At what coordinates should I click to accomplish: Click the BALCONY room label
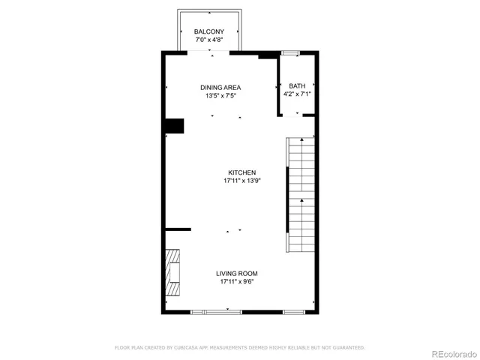(x=209, y=31)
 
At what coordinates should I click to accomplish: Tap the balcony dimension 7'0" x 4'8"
(x=209, y=39)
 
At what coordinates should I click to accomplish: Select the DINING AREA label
(x=220, y=87)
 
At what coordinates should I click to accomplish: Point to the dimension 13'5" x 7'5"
(x=220, y=95)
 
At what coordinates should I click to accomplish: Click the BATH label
(x=297, y=86)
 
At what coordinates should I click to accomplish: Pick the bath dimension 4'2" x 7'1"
(x=297, y=94)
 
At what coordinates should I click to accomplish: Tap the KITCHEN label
(x=242, y=172)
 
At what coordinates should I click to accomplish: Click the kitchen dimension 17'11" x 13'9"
(x=242, y=181)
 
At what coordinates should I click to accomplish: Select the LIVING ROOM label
(x=237, y=274)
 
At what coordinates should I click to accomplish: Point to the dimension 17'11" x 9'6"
(x=237, y=282)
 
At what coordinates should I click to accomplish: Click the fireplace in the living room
(x=173, y=274)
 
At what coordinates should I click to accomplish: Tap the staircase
(x=301, y=195)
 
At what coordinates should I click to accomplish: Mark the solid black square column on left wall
(x=174, y=126)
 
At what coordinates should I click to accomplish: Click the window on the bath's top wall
(x=290, y=52)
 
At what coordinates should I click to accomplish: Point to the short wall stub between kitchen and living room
(x=178, y=229)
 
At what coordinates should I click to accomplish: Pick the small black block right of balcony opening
(x=266, y=55)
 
